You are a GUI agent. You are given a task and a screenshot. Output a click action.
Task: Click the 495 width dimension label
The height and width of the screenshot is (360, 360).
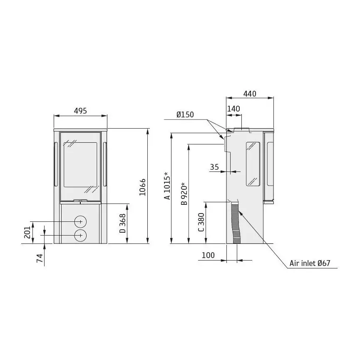[x=80, y=111]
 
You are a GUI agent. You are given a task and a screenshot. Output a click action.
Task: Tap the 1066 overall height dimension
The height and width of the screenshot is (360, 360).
[x=143, y=187]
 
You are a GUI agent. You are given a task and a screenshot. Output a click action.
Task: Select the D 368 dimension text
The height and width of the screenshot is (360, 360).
[x=123, y=223]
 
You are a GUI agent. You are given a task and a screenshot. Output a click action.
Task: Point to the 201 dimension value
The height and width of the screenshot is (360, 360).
[x=27, y=232]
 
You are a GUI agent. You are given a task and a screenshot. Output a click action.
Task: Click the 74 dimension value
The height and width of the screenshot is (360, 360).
[x=40, y=258]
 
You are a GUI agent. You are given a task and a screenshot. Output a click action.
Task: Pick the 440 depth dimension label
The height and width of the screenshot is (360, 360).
[x=250, y=94]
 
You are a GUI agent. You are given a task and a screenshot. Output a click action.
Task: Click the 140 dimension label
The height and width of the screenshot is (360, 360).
[x=233, y=109]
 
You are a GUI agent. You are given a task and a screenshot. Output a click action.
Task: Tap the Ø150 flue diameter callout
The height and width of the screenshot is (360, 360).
[x=185, y=114]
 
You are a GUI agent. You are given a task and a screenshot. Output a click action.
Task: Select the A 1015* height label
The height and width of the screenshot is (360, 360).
[x=167, y=186]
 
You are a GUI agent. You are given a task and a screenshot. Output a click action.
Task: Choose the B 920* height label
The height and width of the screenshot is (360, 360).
[x=184, y=194]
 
